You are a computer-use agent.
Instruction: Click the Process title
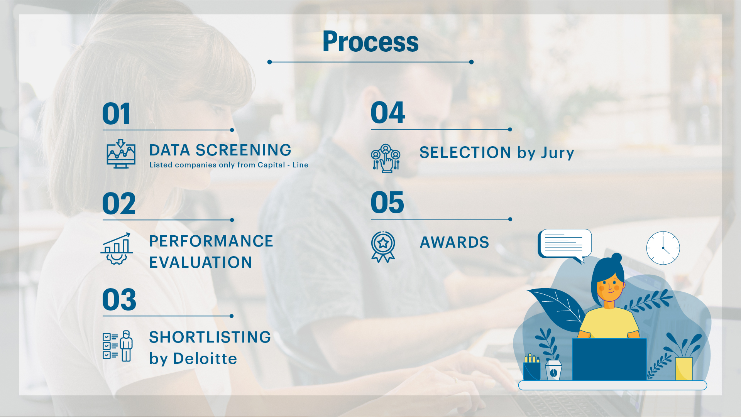click(370, 42)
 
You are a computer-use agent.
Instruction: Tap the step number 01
click(117, 114)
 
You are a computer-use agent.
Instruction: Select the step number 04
click(388, 113)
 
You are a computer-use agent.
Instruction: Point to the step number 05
click(387, 203)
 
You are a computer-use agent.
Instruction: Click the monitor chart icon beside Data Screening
click(121, 154)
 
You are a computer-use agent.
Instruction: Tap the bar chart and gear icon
click(117, 248)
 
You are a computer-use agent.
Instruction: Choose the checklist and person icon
click(118, 346)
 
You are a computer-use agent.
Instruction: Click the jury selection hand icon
click(386, 158)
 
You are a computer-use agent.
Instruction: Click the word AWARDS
click(455, 242)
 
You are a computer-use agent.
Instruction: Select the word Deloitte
click(205, 358)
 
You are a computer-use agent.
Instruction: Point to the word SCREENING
click(244, 150)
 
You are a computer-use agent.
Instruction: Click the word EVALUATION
click(201, 262)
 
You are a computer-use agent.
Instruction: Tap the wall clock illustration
click(663, 248)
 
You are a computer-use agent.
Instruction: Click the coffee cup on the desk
click(553, 370)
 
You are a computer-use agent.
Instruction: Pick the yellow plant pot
click(684, 369)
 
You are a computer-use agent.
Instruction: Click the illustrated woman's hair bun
click(617, 257)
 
